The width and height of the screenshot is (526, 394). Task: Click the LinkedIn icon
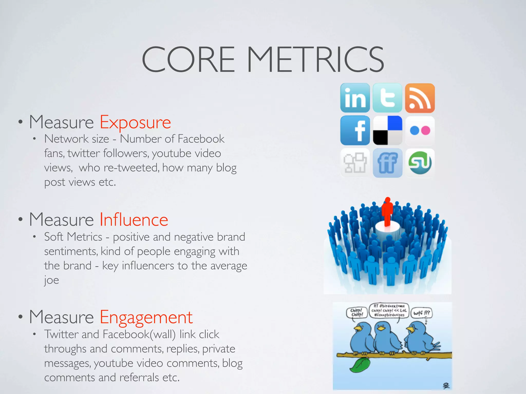tap(355, 98)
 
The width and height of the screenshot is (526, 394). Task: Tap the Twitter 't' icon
tap(387, 98)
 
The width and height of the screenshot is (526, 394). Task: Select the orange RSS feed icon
tap(420, 98)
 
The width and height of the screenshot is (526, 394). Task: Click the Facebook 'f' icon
tap(355, 130)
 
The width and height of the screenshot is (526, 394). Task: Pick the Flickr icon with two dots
tap(420, 130)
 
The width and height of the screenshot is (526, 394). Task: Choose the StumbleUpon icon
tap(420, 163)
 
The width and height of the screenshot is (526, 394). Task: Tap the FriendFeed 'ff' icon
tap(387, 163)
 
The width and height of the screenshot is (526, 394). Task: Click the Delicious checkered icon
tap(387, 130)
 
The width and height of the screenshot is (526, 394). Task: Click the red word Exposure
tap(135, 123)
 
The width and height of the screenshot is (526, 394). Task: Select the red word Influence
tap(134, 220)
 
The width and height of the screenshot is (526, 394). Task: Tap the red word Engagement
tap(146, 318)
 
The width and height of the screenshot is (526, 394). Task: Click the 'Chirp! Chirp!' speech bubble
tap(357, 313)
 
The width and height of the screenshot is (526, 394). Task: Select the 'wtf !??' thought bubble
tap(421, 313)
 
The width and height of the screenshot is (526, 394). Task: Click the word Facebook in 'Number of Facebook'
tap(201, 139)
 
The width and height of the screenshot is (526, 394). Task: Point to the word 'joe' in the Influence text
tap(51, 280)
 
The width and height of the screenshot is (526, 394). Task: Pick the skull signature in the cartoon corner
tap(446, 386)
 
